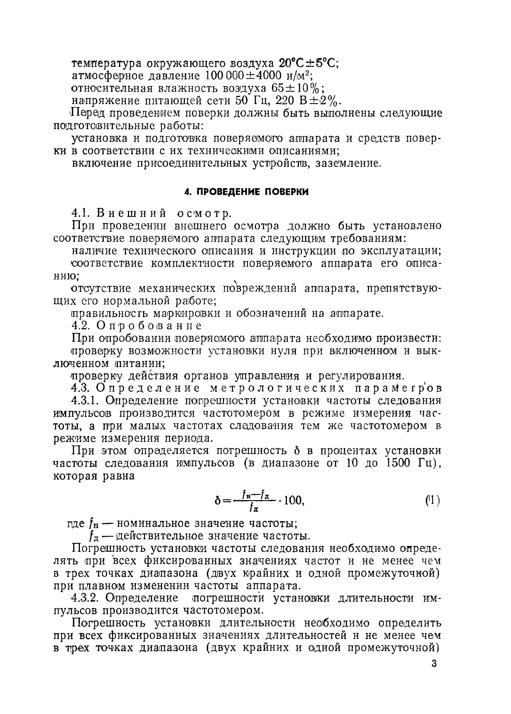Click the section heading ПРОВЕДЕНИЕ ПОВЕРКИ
click(x=246, y=192)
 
